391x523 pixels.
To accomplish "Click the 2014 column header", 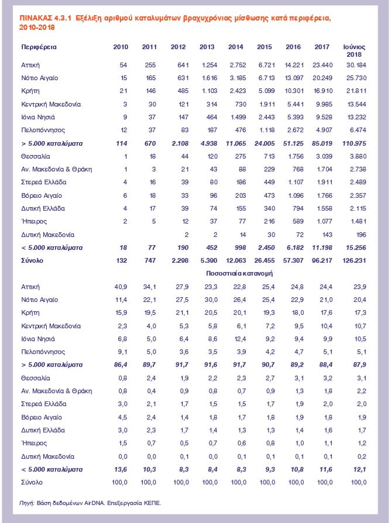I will point(236,46).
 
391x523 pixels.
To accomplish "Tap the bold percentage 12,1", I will point(358,469).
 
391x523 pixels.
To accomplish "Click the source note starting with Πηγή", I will point(90,503).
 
